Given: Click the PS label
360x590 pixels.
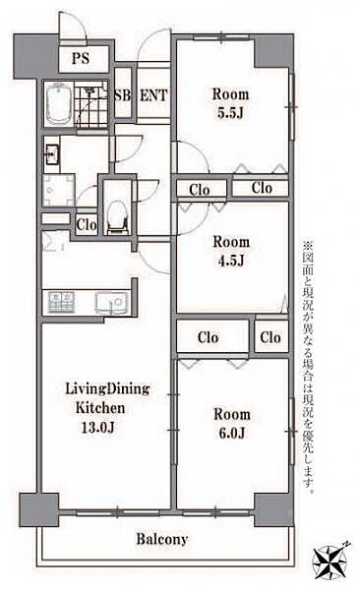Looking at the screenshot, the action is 81,58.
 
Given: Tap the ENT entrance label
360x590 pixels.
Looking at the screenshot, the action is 153,95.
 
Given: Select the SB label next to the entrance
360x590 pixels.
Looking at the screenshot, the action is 122,95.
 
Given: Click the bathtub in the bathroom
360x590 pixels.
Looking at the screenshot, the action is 59,104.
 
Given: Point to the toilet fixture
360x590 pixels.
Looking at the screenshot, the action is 117,218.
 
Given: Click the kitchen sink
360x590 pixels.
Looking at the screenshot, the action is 111,303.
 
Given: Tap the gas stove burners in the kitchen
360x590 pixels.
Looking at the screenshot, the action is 61,303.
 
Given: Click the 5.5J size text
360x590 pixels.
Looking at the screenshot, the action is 230,113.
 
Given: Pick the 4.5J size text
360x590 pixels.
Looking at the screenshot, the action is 231,261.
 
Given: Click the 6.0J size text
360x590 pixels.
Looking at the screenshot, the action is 231,433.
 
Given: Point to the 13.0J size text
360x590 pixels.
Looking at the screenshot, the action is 97,428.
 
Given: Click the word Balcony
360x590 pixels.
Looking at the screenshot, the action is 162,539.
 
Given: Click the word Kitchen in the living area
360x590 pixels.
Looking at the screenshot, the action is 100,408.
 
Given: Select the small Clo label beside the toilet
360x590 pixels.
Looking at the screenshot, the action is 87,225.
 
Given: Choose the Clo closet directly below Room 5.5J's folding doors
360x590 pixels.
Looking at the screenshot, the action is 261,188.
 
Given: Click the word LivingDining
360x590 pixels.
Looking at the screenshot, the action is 107,389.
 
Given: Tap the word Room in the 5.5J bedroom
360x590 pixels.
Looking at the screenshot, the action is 230,94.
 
